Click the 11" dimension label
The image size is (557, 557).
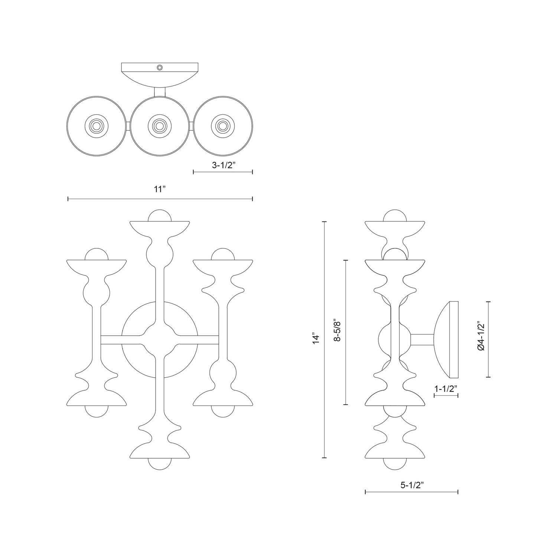coord(159,189)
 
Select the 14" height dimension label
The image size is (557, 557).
coord(316,339)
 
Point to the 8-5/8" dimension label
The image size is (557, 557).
coord(338,330)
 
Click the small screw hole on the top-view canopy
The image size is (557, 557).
coord(160,67)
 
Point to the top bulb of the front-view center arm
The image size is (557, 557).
coord(160,216)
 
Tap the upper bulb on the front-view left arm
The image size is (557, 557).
coord(97,255)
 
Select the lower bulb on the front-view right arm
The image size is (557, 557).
coord(223,411)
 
